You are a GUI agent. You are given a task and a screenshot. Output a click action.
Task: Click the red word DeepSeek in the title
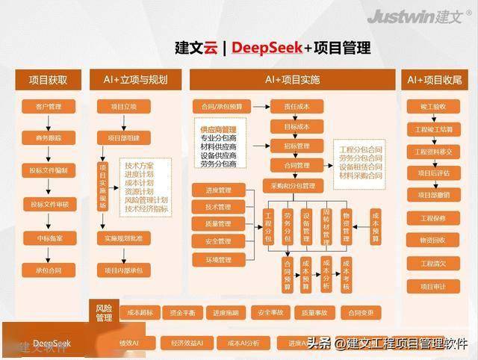[x=268, y=49]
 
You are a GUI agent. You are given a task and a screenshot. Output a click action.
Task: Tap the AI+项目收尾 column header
[x=432, y=79]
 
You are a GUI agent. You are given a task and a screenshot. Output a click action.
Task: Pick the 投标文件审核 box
[x=48, y=204]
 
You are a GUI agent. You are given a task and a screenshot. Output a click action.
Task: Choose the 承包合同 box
[x=48, y=270]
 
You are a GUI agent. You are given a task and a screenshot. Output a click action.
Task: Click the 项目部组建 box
[x=123, y=138]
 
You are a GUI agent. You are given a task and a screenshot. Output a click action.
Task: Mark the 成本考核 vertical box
[x=346, y=275]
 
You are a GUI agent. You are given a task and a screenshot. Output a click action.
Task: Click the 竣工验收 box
[x=432, y=106]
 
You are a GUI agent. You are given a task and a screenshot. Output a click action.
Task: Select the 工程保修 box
[x=432, y=218]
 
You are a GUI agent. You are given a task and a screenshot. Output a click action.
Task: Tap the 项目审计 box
[x=432, y=285]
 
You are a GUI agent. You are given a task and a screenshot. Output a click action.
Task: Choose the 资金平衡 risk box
[x=182, y=312]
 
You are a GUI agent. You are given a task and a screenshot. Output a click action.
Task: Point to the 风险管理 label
[x=104, y=312]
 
